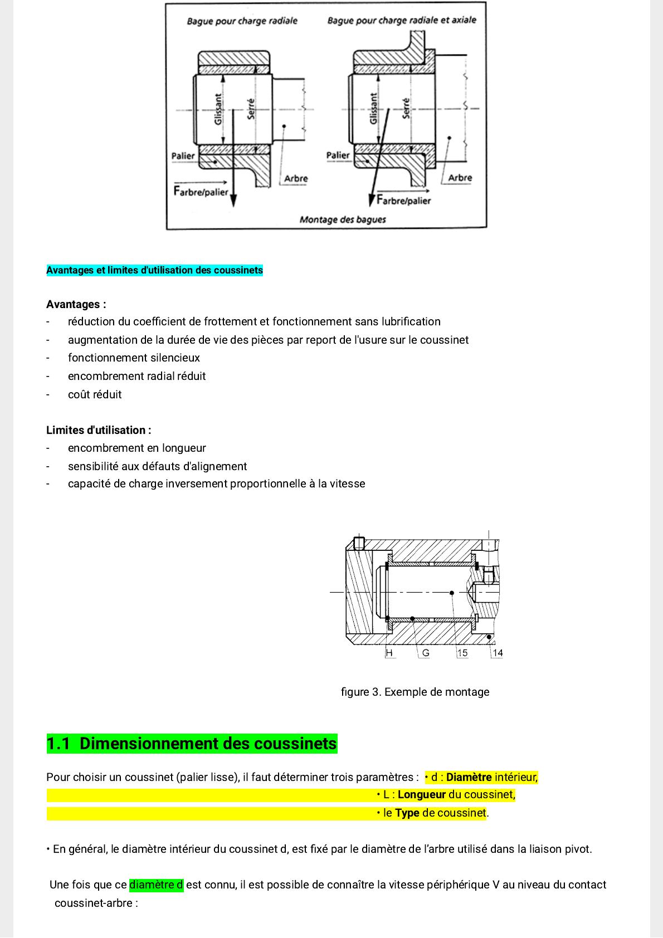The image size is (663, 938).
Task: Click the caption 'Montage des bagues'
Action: pyautogui.click(x=343, y=219)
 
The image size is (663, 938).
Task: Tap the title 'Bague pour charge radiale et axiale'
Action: pyautogui.click(x=402, y=21)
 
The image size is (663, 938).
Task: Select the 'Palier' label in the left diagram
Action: pyautogui.click(x=183, y=156)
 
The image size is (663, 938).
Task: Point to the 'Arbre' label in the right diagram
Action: pyautogui.click(x=460, y=178)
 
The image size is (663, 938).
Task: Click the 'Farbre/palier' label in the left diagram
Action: pyautogui.click(x=201, y=192)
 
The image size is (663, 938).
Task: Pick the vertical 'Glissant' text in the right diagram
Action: pyautogui.click(x=373, y=109)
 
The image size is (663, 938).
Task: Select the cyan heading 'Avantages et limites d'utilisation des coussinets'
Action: pyautogui.click(x=154, y=271)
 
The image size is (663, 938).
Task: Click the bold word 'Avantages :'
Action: pyautogui.click(x=76, y=305)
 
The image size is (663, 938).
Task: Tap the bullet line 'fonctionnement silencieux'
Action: pyautogui.click(x=134, y=358)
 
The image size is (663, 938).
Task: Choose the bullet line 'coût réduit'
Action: pyautogui.click(x=95, y=395)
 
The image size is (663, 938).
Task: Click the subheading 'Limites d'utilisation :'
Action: pyautogui.click(x=99, y=431)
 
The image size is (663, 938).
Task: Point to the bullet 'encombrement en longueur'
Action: pyautogui.click(x=137, y=448)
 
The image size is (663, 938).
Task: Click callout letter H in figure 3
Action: pyautogui.click(x=389, y=653)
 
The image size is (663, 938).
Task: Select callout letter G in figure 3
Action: pyautogui.click(x=426, y=653)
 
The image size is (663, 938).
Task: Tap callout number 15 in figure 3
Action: pyautogui.click(x=462, y=653)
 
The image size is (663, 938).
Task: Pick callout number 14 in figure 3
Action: pyautogui.click(x=498, y=653)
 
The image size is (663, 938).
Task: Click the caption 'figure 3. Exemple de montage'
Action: pyautogui.click(x=415, y=692)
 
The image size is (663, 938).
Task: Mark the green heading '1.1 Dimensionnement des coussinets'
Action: pyautogui.click(x=192, y=744)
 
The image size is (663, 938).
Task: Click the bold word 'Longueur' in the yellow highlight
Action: pyautogui.click(x=422, y=795)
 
